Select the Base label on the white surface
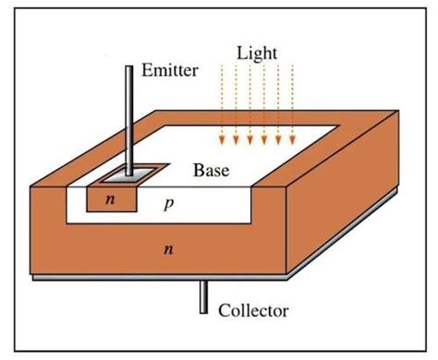(212, 171)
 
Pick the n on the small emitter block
(108, 198)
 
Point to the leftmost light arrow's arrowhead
(221, 141)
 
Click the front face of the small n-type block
(108, 198)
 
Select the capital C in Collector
(224, 310)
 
